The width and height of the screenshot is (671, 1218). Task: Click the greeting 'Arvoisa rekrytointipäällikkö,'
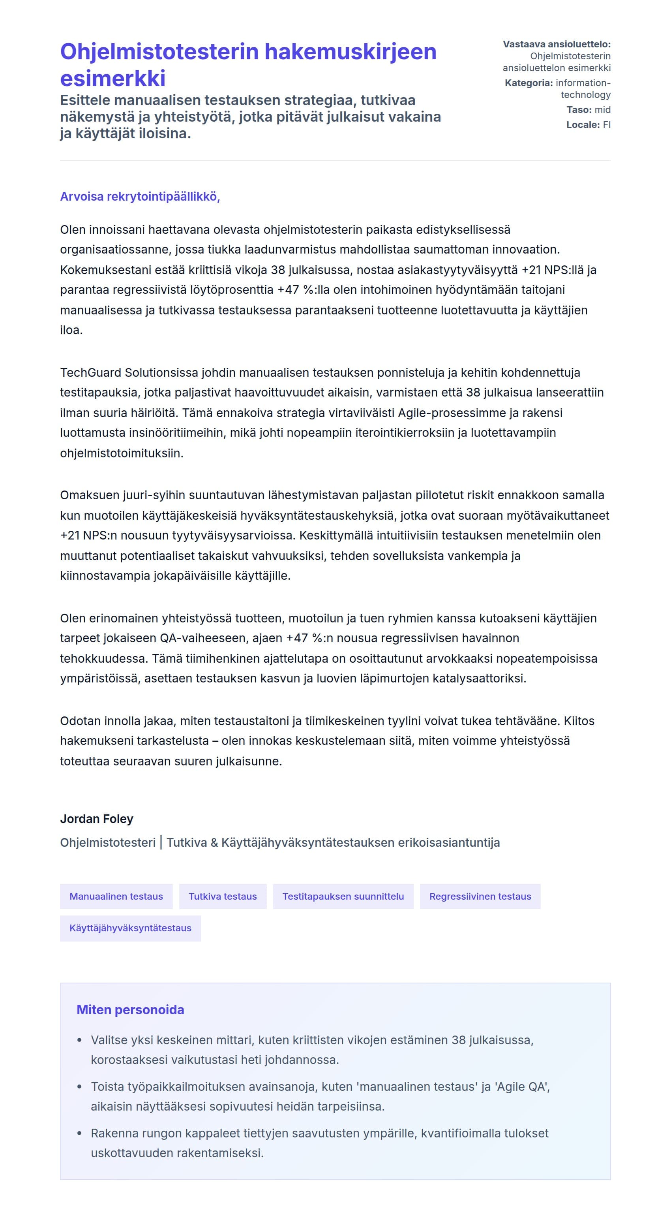point(140,197)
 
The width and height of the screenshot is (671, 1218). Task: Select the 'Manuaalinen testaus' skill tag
point(116,897)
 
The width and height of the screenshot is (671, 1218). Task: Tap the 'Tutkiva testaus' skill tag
point(223,897)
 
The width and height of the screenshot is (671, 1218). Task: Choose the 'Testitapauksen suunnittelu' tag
point(343,897)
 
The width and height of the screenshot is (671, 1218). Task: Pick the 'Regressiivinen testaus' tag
point(480,897)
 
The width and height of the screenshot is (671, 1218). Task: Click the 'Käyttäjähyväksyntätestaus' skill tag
point(130,928)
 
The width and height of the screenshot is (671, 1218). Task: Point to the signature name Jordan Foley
point(96,819)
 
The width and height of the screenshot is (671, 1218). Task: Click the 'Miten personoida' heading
point(130,1010)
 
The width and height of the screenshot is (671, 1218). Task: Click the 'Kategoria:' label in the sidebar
point(528,83)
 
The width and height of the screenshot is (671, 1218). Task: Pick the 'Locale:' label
point(583,125)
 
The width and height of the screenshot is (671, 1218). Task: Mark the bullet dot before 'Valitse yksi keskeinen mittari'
point(79,1041)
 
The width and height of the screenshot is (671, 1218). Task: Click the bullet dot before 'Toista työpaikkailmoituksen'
point(79,1087)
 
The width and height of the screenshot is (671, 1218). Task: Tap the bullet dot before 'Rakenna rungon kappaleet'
point(79,1133)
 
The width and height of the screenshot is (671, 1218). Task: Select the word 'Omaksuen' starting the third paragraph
point(89,495)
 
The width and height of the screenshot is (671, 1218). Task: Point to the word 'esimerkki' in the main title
point(113,79)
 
